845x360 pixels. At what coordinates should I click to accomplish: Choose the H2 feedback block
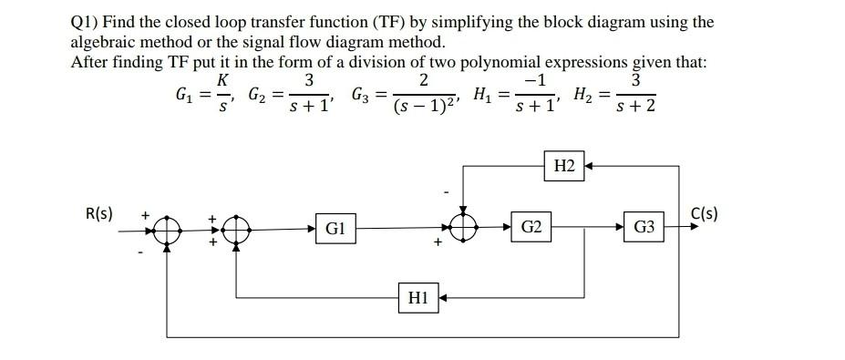pos(564,166)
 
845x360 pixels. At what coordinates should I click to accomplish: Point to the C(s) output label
pos(706,215)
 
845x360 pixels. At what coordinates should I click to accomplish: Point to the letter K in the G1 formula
pos(222,80)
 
